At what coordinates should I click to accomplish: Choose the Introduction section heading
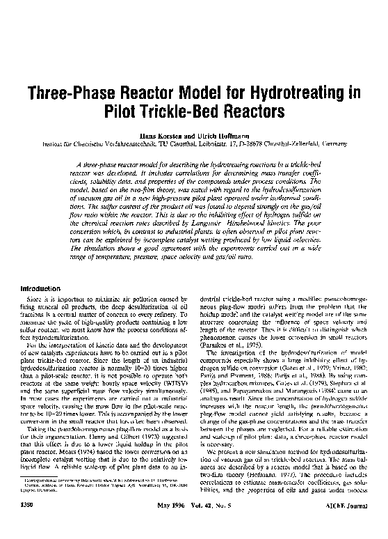tap(40, 288)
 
